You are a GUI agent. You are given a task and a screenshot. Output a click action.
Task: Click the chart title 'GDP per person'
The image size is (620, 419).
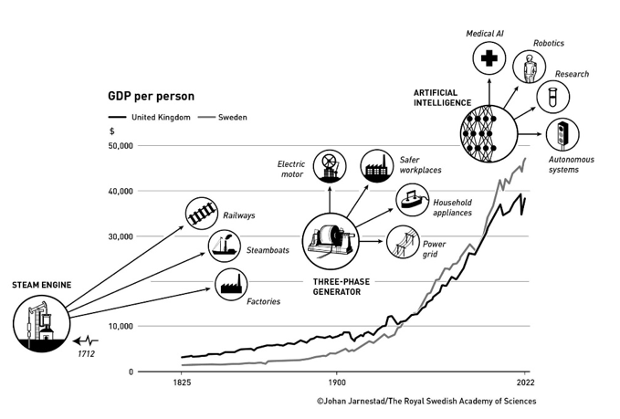151,96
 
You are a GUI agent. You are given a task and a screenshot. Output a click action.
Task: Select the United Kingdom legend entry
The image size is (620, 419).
151,117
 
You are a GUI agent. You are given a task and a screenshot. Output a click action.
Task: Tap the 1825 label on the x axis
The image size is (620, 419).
181,384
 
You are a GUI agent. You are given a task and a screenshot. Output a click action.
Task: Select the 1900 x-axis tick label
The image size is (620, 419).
337,384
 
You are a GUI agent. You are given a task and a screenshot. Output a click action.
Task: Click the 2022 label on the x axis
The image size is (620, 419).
524,384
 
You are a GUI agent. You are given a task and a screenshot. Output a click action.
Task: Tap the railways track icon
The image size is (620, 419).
202,214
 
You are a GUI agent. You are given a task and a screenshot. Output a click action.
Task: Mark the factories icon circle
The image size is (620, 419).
230,285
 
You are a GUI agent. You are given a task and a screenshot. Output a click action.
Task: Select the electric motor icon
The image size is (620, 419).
330,166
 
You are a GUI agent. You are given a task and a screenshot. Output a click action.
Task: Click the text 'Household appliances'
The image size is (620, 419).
452,207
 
